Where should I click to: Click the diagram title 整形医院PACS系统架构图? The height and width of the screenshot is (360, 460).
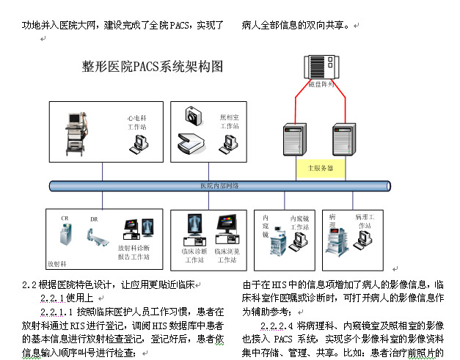[152, 67]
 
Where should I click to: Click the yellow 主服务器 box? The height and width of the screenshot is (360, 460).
[320, 168]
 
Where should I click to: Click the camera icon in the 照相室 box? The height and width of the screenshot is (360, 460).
[194, 114]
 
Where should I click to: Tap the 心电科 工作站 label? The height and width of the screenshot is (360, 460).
[137, 122]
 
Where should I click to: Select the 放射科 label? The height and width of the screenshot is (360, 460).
[58, 262]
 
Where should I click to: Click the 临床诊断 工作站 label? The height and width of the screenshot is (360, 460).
[194, 254]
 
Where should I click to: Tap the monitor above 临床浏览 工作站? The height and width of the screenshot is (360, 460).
[227, 227]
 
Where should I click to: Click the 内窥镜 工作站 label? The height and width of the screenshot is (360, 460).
[300, 222]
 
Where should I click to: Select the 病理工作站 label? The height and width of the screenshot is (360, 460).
[365, 221]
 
